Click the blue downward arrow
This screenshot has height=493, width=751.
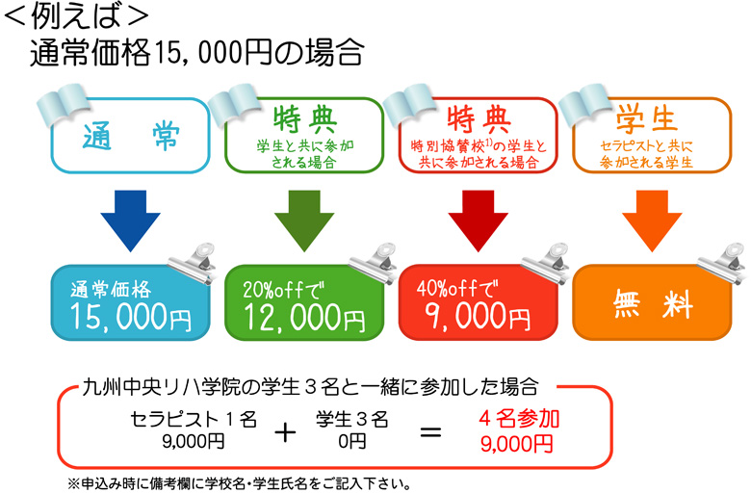(x=130, y=221)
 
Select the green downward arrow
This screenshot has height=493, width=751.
(x=304, y=221)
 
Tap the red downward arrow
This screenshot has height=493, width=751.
(x=478, y=221)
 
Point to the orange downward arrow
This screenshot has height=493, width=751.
(x=652, y=221)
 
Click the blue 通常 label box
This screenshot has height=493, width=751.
(x=131, y=136)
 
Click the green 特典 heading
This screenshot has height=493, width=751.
(x=305, y=119)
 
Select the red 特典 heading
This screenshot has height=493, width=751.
(x=479, y=119)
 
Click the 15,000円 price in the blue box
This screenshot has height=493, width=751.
(x=131, y=317)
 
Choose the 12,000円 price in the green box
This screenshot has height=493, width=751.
(x=304, y=317)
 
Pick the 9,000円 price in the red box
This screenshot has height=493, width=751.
(x=478, y=316)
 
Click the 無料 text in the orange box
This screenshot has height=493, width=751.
(x=654, y=303)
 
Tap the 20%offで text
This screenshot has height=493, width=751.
(x=283, y=290)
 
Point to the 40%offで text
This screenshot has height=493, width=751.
(x=457, y=289)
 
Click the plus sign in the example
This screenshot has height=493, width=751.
(x=285, y=433)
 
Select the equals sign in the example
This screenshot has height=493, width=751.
(x=430, y=433)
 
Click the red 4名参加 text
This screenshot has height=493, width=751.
(x=519, y=419)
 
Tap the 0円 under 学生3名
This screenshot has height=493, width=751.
(x=352, y=441)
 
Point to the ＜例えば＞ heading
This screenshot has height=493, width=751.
(x=77, y=15)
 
